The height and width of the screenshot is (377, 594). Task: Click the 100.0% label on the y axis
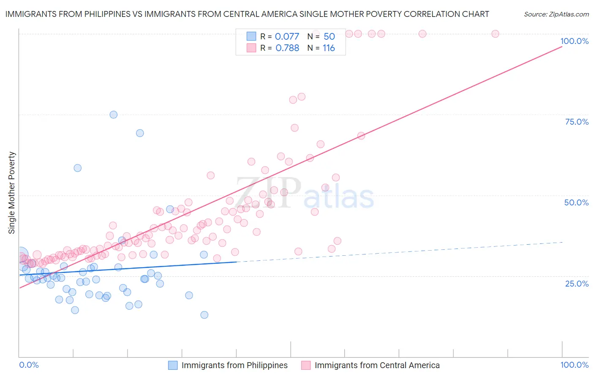[x=574, y=41]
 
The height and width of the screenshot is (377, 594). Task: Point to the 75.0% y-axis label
[x=577, y=122]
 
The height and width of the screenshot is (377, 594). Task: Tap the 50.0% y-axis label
[x=576, y=202]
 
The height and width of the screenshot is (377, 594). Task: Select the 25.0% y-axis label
[x=577, y=283]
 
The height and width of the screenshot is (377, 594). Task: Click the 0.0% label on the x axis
[x=29, y=365]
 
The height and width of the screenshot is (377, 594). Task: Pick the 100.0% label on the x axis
[x=574, y=365]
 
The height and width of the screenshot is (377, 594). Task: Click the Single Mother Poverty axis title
[x=12, y=193]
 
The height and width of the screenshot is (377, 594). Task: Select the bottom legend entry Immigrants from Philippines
[x=234, y=365]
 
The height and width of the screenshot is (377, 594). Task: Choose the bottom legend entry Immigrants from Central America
[x=377, y=365]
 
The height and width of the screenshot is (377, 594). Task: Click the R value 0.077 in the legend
[x=287, y=36]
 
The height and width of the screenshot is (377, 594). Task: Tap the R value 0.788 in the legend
[x=287, y=48]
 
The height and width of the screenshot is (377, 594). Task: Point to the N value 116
[x=329, y=48]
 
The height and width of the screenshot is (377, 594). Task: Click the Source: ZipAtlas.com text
[x=556, y=14]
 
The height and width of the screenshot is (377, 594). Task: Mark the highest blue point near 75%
[x=113, y=115]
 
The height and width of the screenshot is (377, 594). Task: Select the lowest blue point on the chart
[x=204, y=315]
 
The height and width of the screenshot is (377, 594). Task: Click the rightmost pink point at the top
[x=495, y=34]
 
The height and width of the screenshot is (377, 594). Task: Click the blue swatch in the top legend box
[x=251, y=36]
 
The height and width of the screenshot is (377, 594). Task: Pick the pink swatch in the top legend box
[x=251, y=48]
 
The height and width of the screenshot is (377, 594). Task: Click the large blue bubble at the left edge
[x=20, y=255]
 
